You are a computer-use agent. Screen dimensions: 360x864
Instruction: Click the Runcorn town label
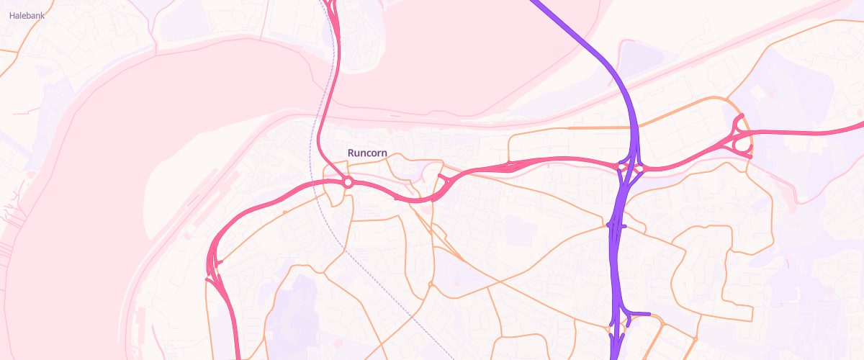pyautogui.click(x=367, y=153)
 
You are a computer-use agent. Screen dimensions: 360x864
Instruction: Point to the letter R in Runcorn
pyautogui.click(x=351, y=153)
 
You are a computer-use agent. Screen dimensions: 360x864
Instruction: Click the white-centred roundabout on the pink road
pyautogui.click(x=348, y=182)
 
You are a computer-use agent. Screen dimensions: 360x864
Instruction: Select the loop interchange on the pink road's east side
pyautogui.click(x=740, y=137)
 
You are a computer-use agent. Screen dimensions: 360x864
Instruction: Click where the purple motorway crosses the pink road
pyautogui.click(x=630, y=168)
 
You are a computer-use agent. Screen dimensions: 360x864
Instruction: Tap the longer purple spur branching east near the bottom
pyautogui.click(x=641, y=313)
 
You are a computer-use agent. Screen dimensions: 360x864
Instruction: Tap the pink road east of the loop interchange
pyautogui.click(x=806, y=133)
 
